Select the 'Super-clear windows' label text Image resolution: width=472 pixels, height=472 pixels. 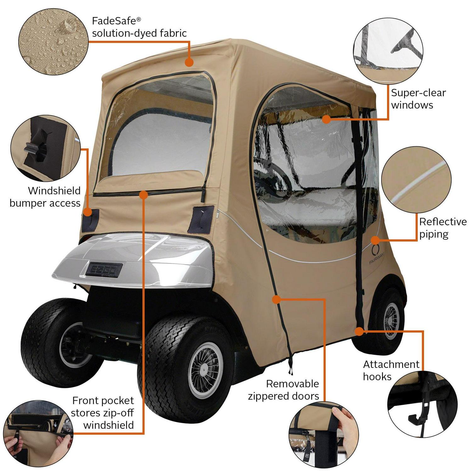point(418,99)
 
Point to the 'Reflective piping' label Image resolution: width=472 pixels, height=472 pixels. point(442,228)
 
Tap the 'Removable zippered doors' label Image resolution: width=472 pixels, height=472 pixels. point(284,390)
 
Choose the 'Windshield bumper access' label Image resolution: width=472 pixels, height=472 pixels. point(45,197)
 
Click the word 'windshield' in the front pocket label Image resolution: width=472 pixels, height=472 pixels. point(108,425)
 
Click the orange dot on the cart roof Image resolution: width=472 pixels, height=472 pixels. point(189,62)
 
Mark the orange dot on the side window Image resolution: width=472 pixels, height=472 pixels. point(326,119)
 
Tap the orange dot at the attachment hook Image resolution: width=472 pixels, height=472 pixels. point(359,331)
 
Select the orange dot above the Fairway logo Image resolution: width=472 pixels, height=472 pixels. point(375,240)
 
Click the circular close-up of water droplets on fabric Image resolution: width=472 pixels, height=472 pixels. point(53,42)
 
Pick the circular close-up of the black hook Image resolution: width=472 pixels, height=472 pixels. point(422,403)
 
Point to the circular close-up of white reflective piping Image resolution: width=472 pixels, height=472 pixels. point(416,181)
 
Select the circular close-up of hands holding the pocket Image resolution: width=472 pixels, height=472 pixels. point(38,433)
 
